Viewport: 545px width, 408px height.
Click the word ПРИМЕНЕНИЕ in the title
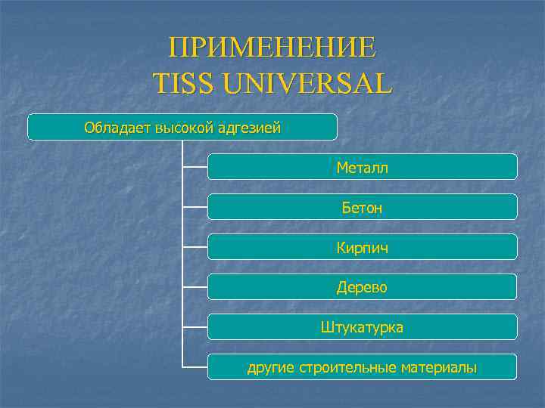click(x=272, y=48)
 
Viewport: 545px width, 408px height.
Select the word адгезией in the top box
click(x=250, y=128)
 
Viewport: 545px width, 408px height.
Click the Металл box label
click(x=362, y=167)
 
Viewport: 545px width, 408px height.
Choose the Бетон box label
click(x=362, y=207)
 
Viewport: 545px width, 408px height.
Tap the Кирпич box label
click(x=362, y=247)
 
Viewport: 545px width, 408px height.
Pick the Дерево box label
click(x=362, y=287)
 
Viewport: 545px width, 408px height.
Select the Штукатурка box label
click(x=362, y=327)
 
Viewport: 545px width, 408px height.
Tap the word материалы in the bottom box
click(x=441, y=368)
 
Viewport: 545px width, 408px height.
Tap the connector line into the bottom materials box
click(x=195, y=367)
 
